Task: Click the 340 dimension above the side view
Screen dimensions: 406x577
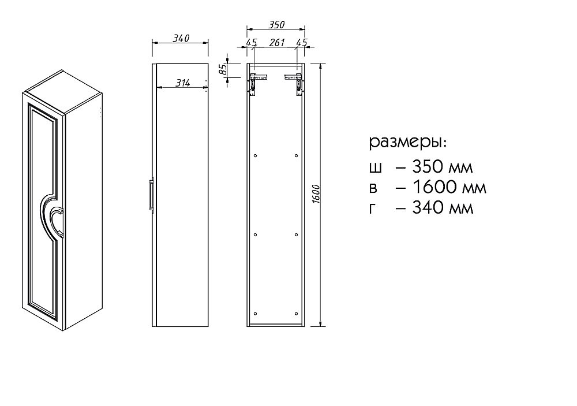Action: pyautogui.click(x=181, y=38)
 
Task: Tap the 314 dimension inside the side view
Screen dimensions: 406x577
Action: pyautogui.click(x=182, y=83)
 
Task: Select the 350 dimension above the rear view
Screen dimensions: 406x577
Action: pyautogui.click(x=276, y=25)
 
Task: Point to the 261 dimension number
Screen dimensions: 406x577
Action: pyautogui.click(x=278, y=43)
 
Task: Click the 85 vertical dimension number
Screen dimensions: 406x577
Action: pyautogui.click(x=222, y=70)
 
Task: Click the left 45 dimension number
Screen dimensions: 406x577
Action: pyautogui.click(x=252, y=43)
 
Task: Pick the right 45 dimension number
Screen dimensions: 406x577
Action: pyautogui.click(x=301, y=43)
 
